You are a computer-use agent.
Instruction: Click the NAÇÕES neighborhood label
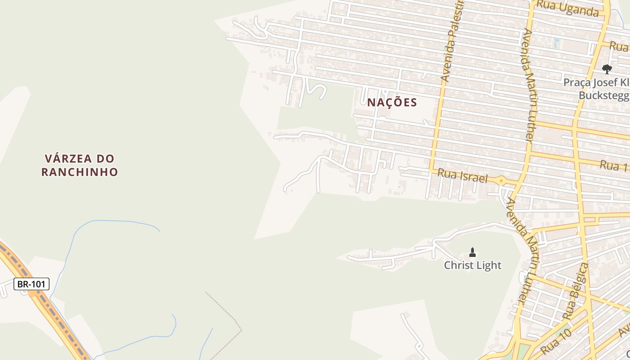[x=392, y=103]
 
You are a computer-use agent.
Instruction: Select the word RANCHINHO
[x=80, y=172]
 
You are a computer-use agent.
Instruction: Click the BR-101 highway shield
[x=31, y=284]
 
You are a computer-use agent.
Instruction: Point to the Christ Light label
[x=472, y=265]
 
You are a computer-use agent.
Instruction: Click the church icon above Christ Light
[x=472, y=252]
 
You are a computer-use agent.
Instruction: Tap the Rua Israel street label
[x=463, y=175]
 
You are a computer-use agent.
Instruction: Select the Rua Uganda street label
[x=568, y=8]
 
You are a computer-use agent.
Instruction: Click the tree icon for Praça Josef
[x=607, y=69]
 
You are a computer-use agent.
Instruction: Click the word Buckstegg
[x=603, y=95]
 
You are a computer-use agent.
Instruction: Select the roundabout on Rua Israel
[x=501, y=181]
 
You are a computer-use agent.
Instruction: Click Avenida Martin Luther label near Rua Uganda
[x=529, y=85]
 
